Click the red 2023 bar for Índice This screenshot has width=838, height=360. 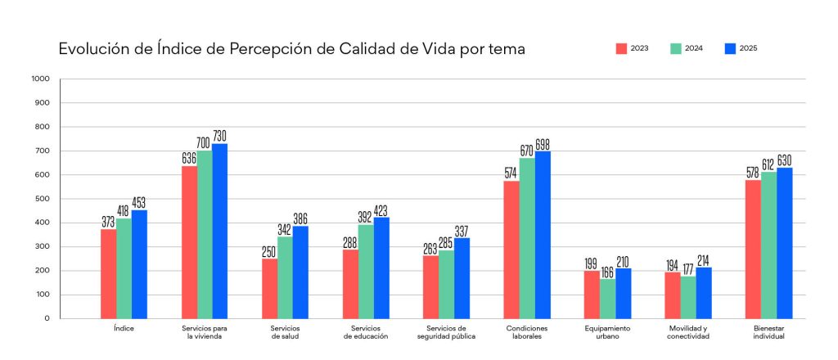click(x=108, y=274)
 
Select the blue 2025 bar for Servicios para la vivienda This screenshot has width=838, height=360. click(x=220, y=232)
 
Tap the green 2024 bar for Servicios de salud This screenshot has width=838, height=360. click(x=285, y=277)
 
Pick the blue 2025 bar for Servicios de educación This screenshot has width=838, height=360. click(x=381, y=268)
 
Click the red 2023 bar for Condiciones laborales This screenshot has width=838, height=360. click(x=511, y=250)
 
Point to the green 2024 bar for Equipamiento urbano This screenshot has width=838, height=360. click(x=606, y=299)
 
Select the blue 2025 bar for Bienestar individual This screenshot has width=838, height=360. click(x=784, y=243)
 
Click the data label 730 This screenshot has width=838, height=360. click(x=220, y=135)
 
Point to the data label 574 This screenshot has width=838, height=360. click(x=511, y=173)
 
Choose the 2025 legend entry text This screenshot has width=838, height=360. click(x=748, y=49)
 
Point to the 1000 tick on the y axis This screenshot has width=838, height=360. click(x=40, y=79)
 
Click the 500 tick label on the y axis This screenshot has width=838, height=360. click(x=42, y=199)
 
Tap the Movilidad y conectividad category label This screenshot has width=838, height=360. click(x=687, y=331)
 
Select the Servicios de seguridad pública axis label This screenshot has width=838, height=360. click(x=446, y=331)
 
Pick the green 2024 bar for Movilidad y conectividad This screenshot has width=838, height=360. click(x=687, y=297)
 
